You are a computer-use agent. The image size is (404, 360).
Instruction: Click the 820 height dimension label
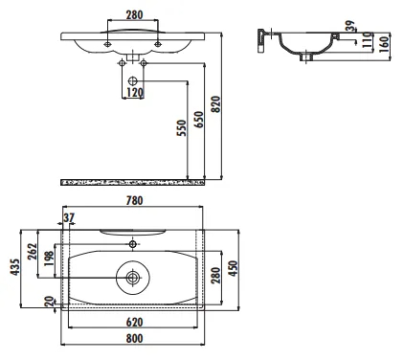[x=216, y=104]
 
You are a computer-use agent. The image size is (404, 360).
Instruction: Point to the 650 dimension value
[x=199, y=120]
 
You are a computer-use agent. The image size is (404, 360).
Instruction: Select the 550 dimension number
[x=181, y=127]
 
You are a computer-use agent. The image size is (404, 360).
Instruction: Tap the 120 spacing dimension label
[x=135, y=93]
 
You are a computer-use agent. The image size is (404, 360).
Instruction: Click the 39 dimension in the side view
[x=350, y=26]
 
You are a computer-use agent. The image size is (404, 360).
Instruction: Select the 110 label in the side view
[x=368, y=40]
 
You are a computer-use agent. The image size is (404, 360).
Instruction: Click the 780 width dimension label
[x=134, y=201]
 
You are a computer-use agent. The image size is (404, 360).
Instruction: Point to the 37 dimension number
[x=69, y=217]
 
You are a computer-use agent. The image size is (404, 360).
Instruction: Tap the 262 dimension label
[x=33, y=252]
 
